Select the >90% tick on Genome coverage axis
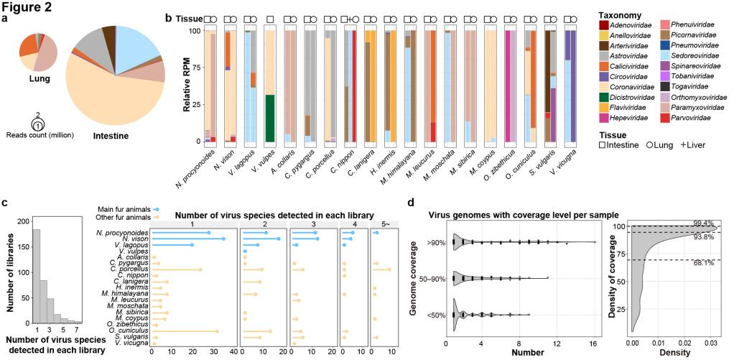[435, 242]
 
